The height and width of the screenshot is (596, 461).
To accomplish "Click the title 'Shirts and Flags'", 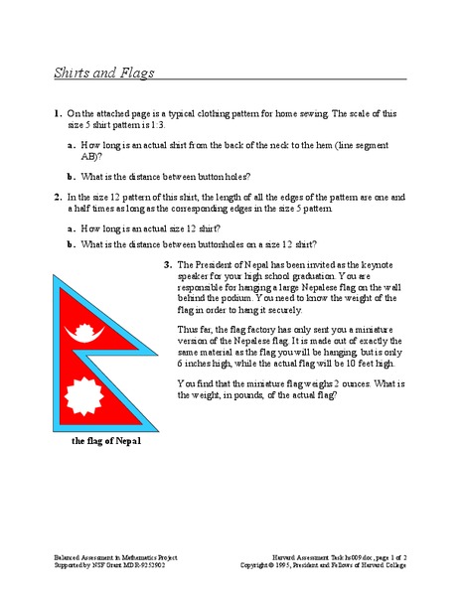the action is pos(104,73).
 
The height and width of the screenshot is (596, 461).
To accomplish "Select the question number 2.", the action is pos(59,197).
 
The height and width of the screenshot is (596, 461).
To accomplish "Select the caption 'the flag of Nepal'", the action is pos(99,442).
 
